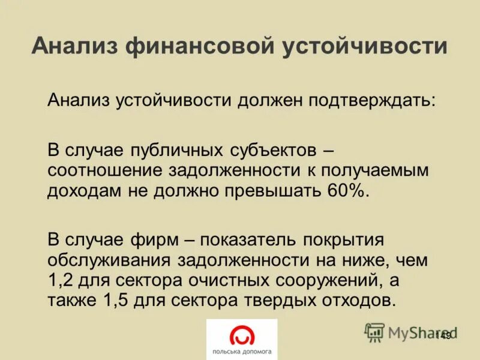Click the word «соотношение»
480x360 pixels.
pos(107,170)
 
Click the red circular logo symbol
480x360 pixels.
pos(242,334)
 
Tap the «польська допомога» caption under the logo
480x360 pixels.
pos(241,352)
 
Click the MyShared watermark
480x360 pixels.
pos(411,332)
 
